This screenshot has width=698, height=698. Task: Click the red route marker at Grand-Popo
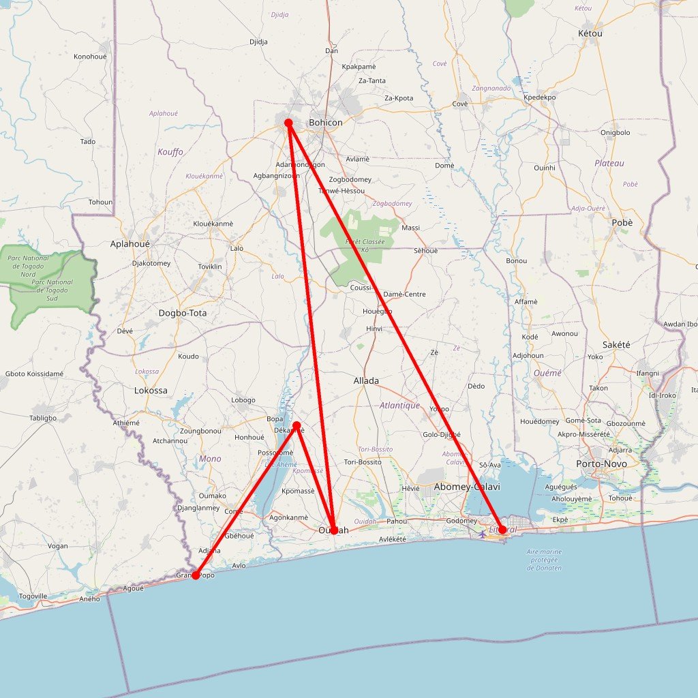click(196, 575)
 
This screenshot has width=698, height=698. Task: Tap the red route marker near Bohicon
click(288, 123)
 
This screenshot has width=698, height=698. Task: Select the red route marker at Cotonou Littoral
click(502, 530)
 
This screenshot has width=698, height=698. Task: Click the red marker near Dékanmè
click(297, 425)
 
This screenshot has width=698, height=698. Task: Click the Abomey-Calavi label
click(467, 487)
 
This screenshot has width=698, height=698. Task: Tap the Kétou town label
click(590, 33)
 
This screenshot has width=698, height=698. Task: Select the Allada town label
click(366, 380)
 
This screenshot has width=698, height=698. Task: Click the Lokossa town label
click(151, 391)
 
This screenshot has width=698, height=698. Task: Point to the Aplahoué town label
click(130, 243)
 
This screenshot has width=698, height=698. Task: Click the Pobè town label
click(622, 223)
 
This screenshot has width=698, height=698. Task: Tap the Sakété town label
click(616, 345)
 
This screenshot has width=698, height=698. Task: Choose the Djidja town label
click(258, 42)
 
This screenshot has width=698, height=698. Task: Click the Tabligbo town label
click(43, 418)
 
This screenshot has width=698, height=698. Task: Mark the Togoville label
click(33, 596)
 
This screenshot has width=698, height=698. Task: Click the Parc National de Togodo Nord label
click(28, 267)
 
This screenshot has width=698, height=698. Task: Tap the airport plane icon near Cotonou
click(483, 532)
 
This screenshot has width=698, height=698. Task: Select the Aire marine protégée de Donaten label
click(545, 560)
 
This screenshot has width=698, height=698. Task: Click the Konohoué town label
click(90, 57)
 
